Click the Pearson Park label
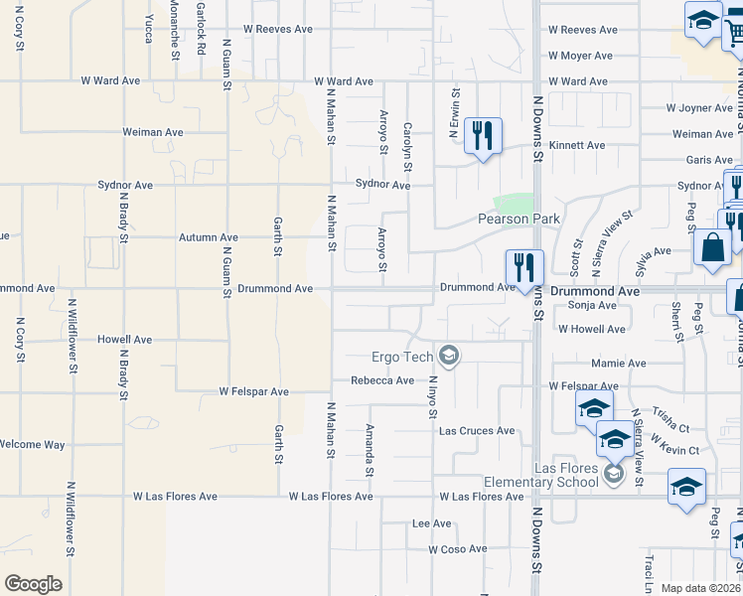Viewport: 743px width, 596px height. click(x=520, y=219)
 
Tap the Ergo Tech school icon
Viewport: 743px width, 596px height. click(x=449, y=356)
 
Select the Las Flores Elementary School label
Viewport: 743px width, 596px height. click(x=540, y=475)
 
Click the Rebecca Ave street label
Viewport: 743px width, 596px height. click(x=382, y=380)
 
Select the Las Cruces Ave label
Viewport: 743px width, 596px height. click(x=478, y=431)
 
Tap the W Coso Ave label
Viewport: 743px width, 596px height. click(x=458, y=548)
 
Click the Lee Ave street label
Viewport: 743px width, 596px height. click(x=431, y=522)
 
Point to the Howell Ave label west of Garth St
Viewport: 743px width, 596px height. click(x=124, y=340)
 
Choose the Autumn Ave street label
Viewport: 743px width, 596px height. click(x=209, y=237)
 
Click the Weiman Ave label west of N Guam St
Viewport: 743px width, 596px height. click(x=153, y=131)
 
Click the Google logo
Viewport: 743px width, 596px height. click(x=33, y=583)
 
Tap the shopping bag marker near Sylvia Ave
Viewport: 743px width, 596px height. click(x=714, y=248)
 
